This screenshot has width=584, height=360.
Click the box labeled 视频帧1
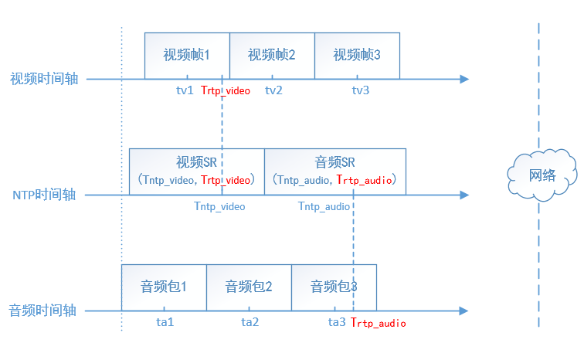pos(187,56)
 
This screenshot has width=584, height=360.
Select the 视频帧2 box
pos(272,56)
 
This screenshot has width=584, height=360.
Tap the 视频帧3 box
pos(357,56)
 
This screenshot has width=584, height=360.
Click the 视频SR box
pos(196,171)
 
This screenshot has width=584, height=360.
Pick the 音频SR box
pos(335,171)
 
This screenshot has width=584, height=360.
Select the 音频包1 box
pos(164,287)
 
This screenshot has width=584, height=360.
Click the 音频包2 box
pos(249,287)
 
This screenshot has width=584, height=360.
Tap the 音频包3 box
pos(334,287)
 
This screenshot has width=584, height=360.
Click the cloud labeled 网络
pos(542,175)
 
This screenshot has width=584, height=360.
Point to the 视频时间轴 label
pos(44,79)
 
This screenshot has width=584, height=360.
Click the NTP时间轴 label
pos(44,195)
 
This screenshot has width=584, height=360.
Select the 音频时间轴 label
pos(44,311)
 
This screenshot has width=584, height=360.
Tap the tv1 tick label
pos(185,90)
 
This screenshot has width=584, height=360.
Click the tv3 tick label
pos(361,90)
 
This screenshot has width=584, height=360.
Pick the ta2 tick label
pos(250,322)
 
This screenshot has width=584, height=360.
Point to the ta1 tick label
pos(165,322)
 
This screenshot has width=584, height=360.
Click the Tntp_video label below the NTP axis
pos(219,206)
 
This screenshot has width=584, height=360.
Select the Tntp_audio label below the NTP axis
pos(324,206)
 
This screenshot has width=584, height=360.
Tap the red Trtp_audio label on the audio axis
pos(379,323)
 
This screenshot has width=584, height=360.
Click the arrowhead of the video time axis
pos(464,79)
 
